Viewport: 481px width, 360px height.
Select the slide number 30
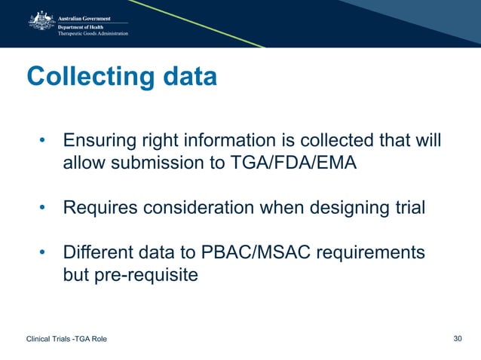(457, 338)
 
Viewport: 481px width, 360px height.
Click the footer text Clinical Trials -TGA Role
(66, 339)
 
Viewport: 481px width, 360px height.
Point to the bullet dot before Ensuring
(44, 142)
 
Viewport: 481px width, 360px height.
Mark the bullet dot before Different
(44, 253)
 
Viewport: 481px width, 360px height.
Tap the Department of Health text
(84, 25)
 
